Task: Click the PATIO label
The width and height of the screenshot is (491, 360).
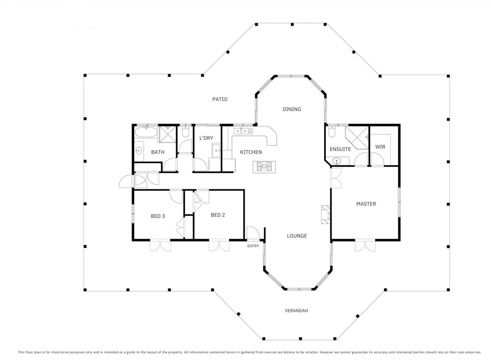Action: tap(220, 100)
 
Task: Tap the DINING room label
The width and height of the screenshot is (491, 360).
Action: tap(292, 109)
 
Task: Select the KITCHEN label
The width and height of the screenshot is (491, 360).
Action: tap(251, 152)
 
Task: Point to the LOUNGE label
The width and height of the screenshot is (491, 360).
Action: tap(297, 236)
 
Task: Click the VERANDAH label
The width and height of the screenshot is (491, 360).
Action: tap(296, 311)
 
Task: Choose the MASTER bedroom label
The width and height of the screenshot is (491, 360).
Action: tap(366, 204)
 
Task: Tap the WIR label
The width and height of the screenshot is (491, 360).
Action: tap(380, 147)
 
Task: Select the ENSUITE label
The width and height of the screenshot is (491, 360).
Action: tap(340, 149)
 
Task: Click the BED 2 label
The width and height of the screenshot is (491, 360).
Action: tap(218, 215)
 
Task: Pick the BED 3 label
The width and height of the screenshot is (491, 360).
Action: tap(158, 216)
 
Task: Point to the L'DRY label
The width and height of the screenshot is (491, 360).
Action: tap(206, 138)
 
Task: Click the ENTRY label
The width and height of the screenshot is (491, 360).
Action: tap(253, 246)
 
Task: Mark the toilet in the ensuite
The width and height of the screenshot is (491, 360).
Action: tap(331, 131)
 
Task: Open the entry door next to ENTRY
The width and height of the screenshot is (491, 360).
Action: tap(252, 233)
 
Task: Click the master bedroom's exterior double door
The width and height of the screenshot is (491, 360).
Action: tap(365, 246)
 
